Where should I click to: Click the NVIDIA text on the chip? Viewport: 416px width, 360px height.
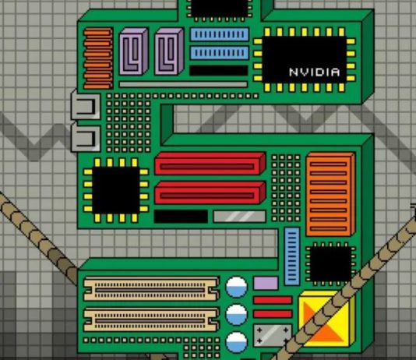pos(315,72)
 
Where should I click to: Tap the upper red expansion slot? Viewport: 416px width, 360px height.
pos(210,164)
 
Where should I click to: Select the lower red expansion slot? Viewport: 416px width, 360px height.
pos(210,193)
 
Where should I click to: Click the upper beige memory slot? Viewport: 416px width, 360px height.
pos(151,288)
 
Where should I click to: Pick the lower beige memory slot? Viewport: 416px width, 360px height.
pos(151,319)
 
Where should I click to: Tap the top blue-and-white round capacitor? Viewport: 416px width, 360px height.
pos(236,287)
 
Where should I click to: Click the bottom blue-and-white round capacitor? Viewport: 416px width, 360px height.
pos(236,342)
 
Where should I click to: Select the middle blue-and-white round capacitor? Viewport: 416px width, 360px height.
pos(236,315)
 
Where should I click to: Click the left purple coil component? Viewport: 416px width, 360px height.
pos(133,51)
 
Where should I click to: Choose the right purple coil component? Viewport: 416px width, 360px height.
pos(169,51)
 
